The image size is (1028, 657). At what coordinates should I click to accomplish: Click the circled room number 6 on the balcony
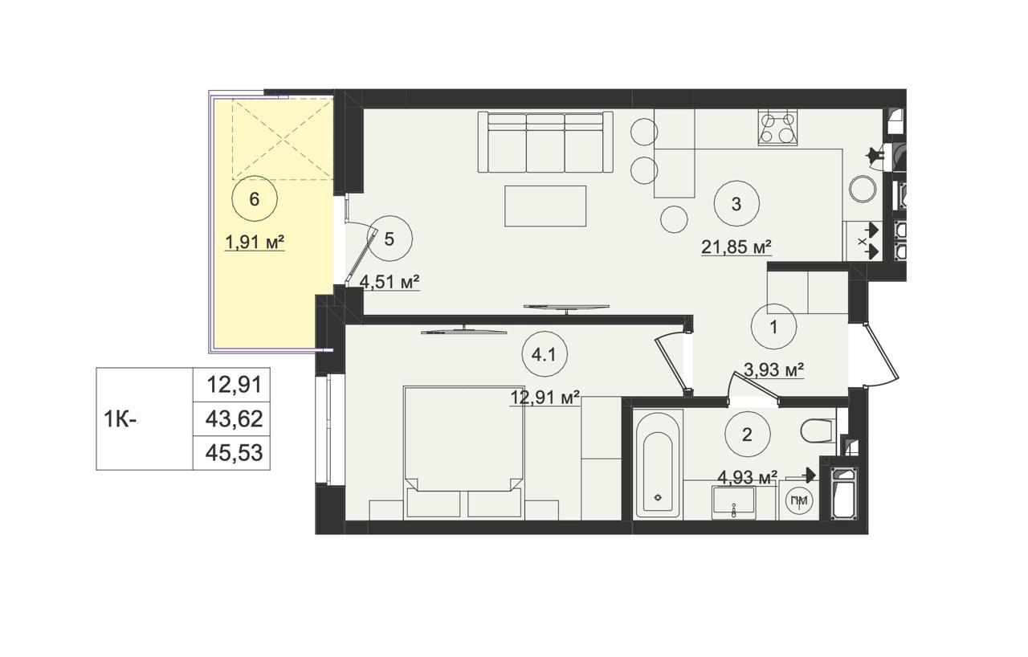(255, 199)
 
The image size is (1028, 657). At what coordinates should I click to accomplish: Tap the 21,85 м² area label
(736, 248)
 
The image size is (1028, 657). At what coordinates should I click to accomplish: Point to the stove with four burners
(777, 128)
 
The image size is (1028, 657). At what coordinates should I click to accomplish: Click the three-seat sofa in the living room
(545, 142)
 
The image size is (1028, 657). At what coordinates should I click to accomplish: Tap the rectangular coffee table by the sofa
(545, 206)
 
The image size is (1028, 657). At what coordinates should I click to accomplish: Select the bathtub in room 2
(658, 464)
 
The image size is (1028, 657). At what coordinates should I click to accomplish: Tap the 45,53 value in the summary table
(234, 453)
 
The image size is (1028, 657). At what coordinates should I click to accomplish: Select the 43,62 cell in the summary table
(234, 419)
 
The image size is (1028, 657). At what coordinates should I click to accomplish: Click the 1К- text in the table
(120, 419)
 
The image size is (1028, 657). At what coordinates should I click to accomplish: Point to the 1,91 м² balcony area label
(255, 243)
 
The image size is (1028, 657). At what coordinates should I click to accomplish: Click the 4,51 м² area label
(390, 282)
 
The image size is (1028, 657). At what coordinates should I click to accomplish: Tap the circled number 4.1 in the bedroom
(545, 355)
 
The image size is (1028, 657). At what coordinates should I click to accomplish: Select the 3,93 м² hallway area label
(773, 369)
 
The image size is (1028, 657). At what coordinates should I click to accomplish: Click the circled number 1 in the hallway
(773, 327)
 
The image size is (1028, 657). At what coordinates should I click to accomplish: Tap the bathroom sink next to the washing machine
(733, 503)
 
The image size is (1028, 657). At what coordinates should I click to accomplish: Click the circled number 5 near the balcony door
(390, 239)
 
